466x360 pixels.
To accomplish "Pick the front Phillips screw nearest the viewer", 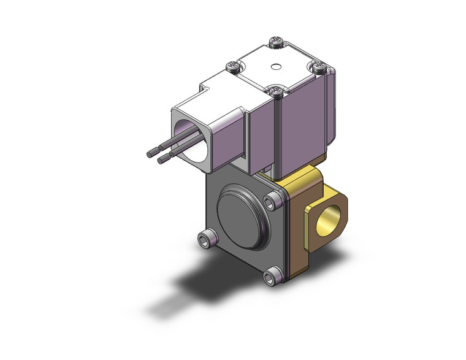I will pos(277,91).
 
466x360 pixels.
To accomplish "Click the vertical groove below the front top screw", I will pos(279,132).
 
